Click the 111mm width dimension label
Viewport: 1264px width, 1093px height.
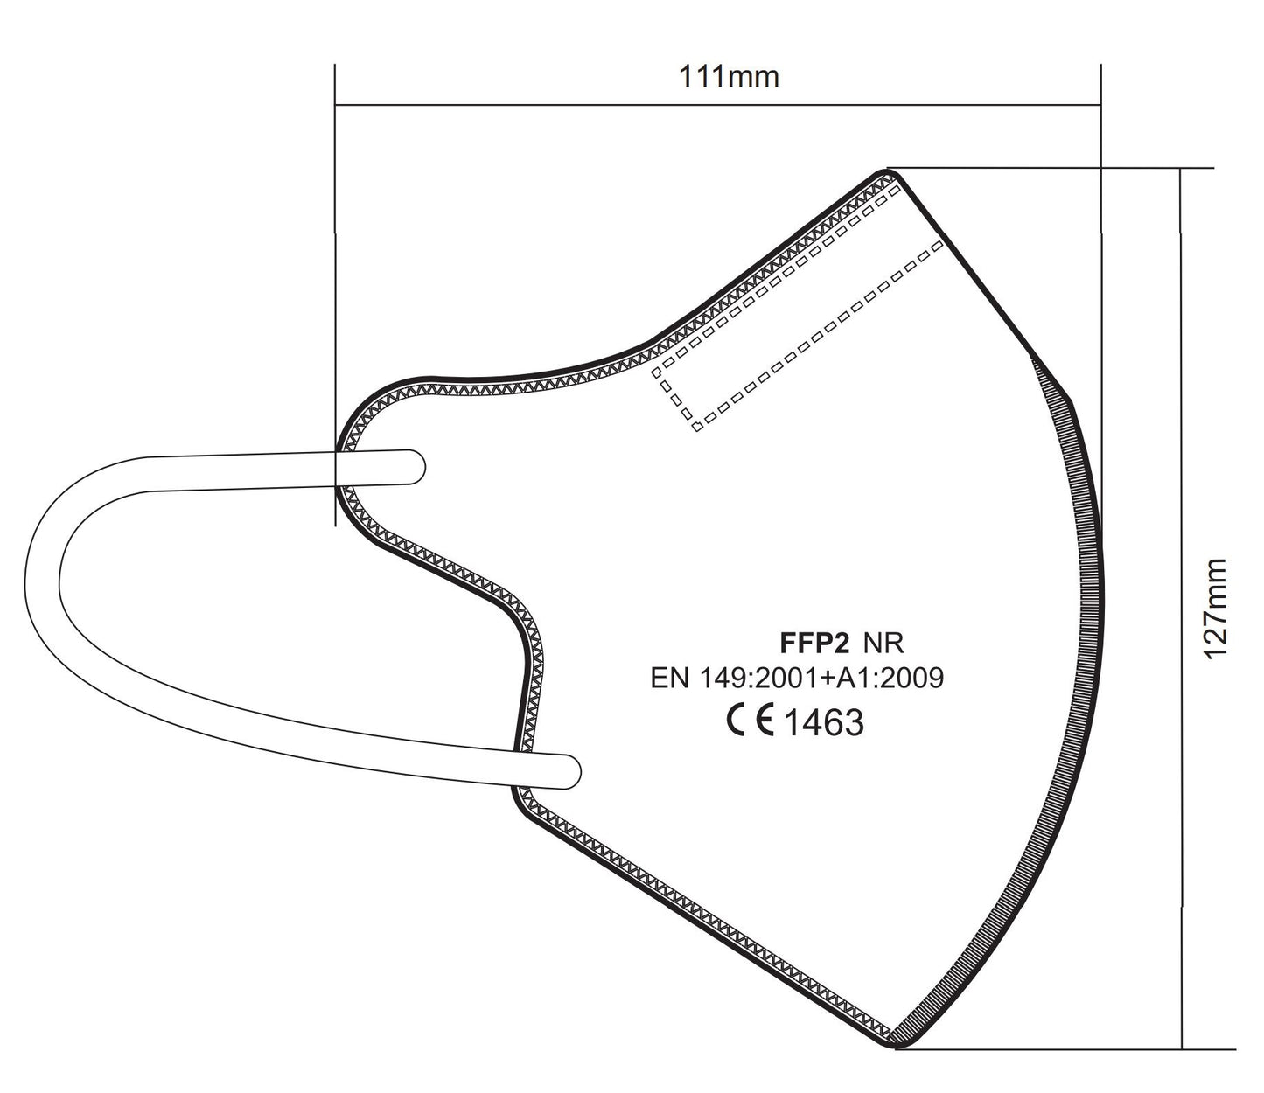coord(729,77)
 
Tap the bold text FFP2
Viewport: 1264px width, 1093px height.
coord(814,643)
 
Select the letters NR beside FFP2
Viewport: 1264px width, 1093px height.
coord(883,643)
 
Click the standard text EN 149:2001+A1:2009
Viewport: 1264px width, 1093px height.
coord(797,678)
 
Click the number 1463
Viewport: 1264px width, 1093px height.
coord(824,722)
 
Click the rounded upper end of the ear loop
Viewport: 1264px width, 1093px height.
coord(417,468)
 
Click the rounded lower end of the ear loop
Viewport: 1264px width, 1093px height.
coord(572,771)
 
